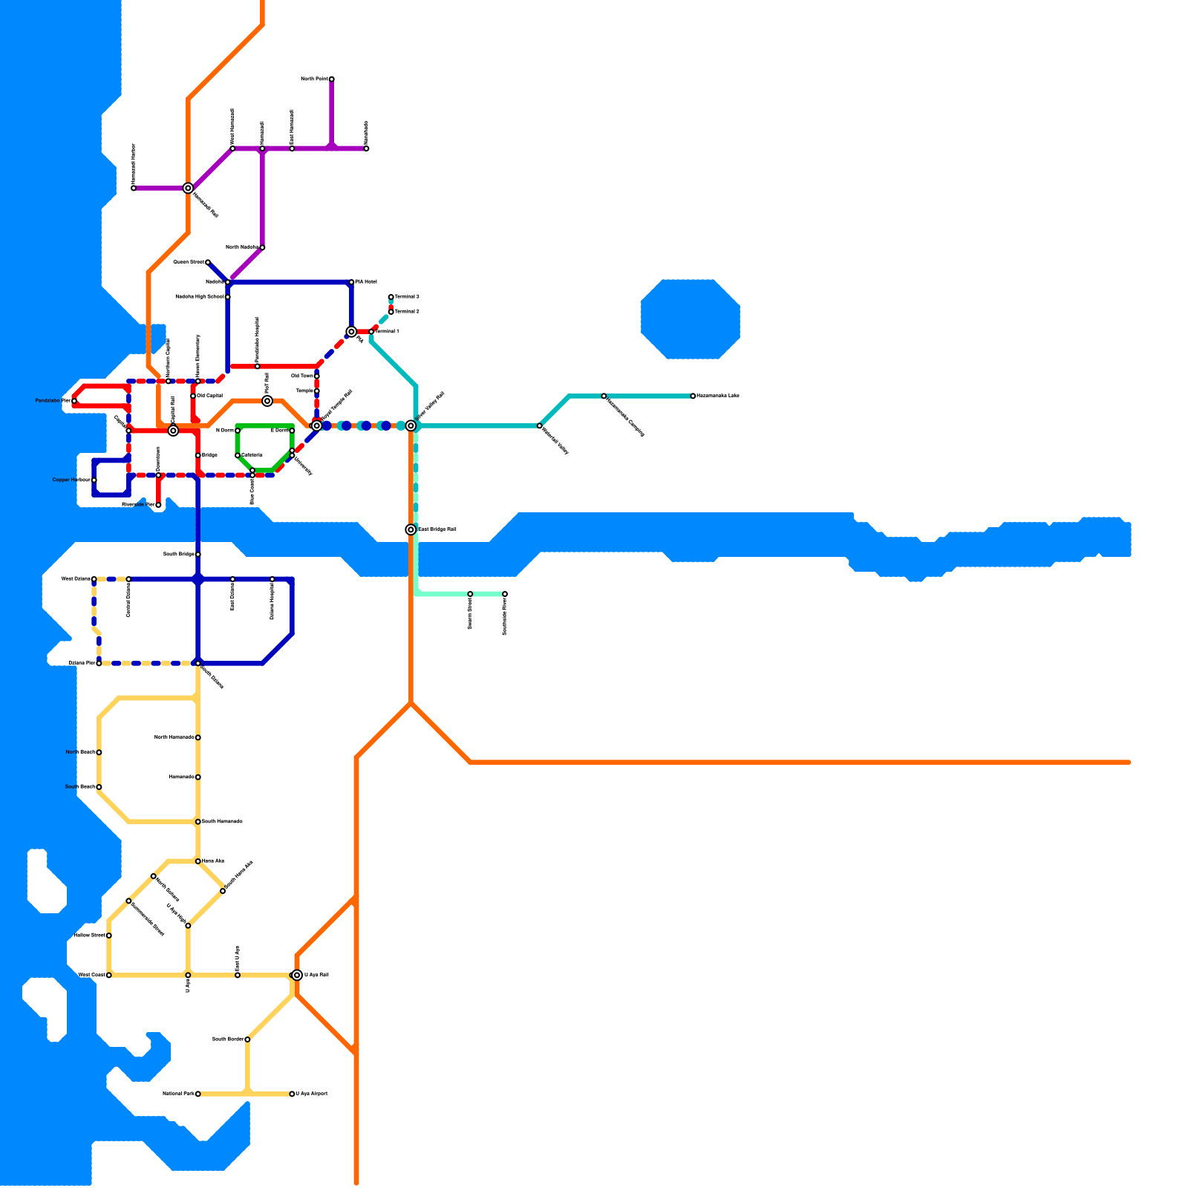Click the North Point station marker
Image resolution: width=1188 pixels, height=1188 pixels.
tap(331, 79)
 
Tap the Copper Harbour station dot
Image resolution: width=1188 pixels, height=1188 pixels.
tap(94, 480)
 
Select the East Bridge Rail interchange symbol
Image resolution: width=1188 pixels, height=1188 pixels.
tap(411, 529)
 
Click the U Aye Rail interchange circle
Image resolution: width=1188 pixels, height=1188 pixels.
tap(297, 975)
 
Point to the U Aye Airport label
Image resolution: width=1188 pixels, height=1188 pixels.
tap(312, 1094)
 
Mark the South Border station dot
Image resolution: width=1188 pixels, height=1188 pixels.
tap(247, 1039)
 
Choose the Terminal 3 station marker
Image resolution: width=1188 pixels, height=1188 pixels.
tap(391, 297)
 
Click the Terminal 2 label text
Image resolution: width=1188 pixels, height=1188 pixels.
tap(407, 312)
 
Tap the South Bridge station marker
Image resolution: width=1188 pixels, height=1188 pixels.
tap(198, 555)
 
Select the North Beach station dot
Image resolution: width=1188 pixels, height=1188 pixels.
tap(99, 752)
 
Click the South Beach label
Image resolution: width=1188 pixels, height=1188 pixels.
tap(79, 787)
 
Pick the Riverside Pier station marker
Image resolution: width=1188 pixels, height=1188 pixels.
tap(158, 505)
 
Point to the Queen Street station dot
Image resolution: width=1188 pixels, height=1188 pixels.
tap(207, 262)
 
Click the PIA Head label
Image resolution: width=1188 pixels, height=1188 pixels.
tap(366, 282)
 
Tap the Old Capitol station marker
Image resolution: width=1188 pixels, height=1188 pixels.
tap(193, 396)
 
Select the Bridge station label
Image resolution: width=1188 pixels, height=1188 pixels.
tap(209, 455)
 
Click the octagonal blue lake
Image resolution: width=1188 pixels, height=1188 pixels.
tap(691, 319)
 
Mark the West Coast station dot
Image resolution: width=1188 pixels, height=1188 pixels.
tap(108, 975)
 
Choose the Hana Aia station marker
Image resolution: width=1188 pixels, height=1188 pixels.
tap(198, 861)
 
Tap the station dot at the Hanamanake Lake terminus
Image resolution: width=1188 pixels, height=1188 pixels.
tap(693, 396)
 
